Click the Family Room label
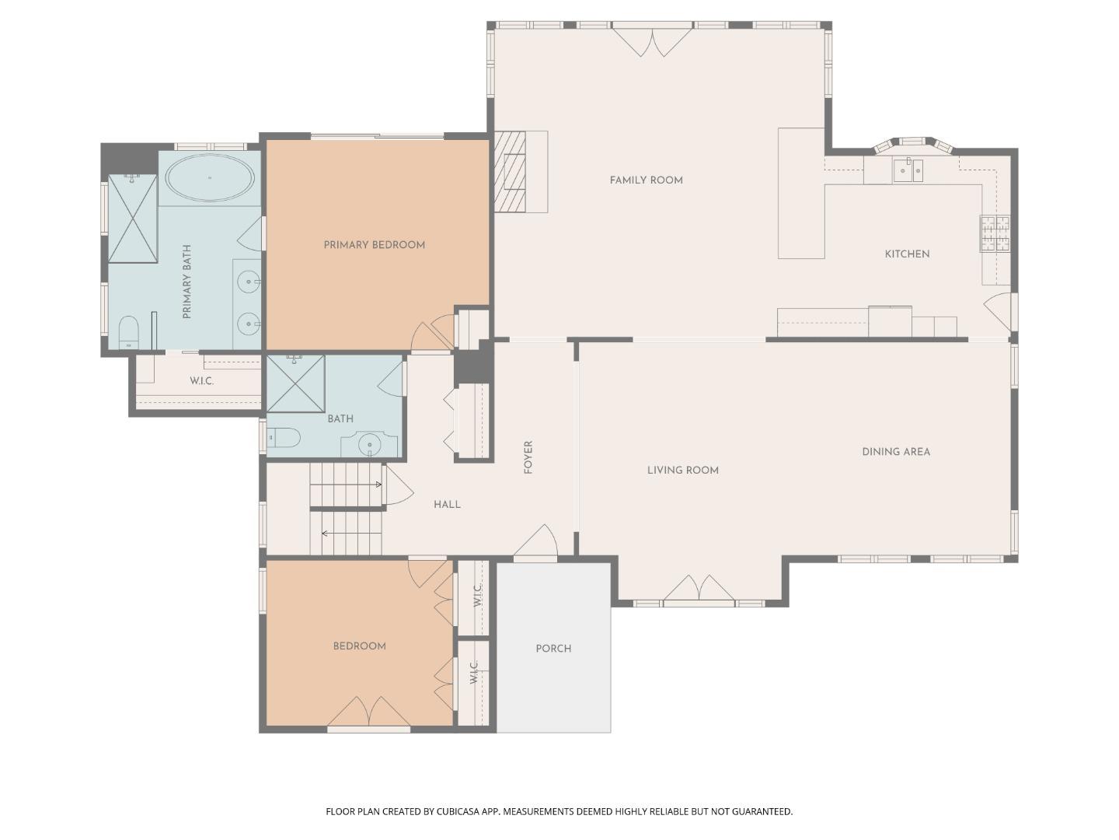tap(646, 180)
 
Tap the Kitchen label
tap(907, 254)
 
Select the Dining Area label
tap(895, 452)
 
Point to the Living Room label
tap(682, 471)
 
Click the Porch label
tap(553, 649)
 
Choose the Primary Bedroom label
tap(374, 245)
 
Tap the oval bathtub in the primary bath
tap(210, 178)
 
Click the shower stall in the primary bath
tap(132, 219)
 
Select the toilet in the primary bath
tap(128, 333)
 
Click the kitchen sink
tap(908, 170)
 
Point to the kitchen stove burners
tap(995, 233)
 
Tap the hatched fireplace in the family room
tap(511, 172)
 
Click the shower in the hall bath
tap(295, 383)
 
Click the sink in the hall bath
tap(370, 446)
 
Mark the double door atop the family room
tap(652, 42)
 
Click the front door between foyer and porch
tap(535, 544)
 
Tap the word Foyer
tap(528, 457)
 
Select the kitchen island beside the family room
tap(801, 194)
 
